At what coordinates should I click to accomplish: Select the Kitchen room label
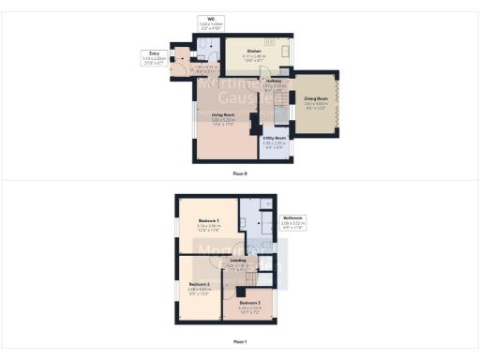click(x=254, y=54)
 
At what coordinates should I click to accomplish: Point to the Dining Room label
click(x=316, y=100)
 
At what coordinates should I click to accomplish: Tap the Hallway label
click(x=274, y=81)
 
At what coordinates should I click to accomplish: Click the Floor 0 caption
click(x=240, y=173)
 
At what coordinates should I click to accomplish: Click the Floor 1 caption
click(x=240, y=341)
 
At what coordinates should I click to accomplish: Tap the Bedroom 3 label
click(x=248, y=303)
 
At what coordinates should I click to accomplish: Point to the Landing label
click(x=238, y=260)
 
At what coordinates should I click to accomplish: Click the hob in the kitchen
click(x=269, y=42)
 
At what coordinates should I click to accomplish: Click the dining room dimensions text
click(x=316, y=107)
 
